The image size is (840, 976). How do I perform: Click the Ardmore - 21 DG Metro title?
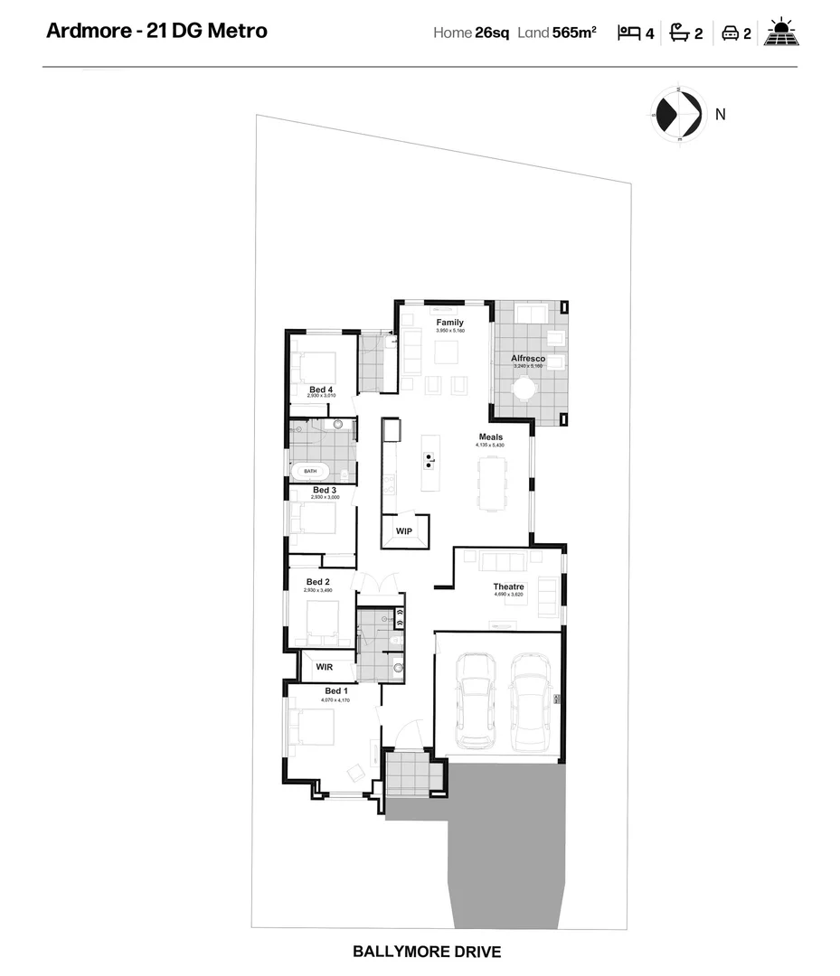[156, 31]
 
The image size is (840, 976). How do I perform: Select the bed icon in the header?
[628, 33]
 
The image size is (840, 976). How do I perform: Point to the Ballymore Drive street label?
[426, 952]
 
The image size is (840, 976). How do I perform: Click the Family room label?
[449, 323]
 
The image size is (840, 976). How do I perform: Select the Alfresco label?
[527, 359]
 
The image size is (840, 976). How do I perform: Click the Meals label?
[491, 437]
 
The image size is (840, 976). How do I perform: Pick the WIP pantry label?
[403, 531]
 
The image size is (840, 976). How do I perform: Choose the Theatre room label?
[509, 587]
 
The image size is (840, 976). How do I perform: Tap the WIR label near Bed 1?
[325, 667]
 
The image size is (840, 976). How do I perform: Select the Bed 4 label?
[321, 389]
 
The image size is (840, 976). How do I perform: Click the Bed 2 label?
[317, 582]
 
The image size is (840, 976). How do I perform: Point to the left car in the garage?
[476, 700]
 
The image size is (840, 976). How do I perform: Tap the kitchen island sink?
[429, 460]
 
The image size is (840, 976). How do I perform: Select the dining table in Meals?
[494, 482]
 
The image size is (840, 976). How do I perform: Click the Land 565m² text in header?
[556, 33]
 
